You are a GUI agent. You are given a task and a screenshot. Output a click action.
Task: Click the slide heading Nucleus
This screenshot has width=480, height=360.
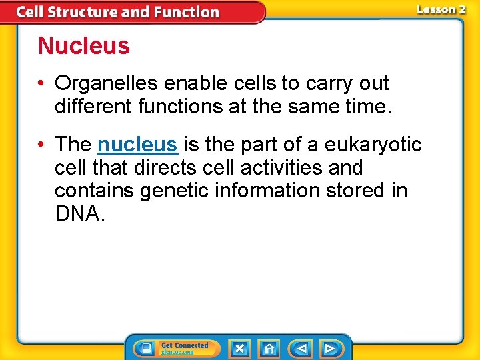click(83, 46)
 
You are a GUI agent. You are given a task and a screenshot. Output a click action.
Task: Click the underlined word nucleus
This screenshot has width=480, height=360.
click(137, 144)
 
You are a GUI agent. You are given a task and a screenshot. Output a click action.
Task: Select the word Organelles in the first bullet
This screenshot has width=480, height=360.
click(107, 83)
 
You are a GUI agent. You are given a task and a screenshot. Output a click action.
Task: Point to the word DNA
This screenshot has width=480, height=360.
click(79, 213)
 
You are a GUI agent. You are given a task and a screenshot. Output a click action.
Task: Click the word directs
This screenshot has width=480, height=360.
click(182, 167)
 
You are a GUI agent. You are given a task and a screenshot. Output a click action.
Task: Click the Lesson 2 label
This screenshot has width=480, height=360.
click(441, 9)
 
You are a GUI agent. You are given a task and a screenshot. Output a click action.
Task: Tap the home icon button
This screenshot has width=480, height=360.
click(269, 348)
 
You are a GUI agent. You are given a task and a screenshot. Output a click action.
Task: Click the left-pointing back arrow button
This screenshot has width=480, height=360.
click(301, 348)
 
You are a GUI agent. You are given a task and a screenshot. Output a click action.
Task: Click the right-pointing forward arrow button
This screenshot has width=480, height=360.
click(330, 348)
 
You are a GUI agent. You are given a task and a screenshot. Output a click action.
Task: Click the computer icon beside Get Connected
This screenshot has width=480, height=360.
click(146, 348)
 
